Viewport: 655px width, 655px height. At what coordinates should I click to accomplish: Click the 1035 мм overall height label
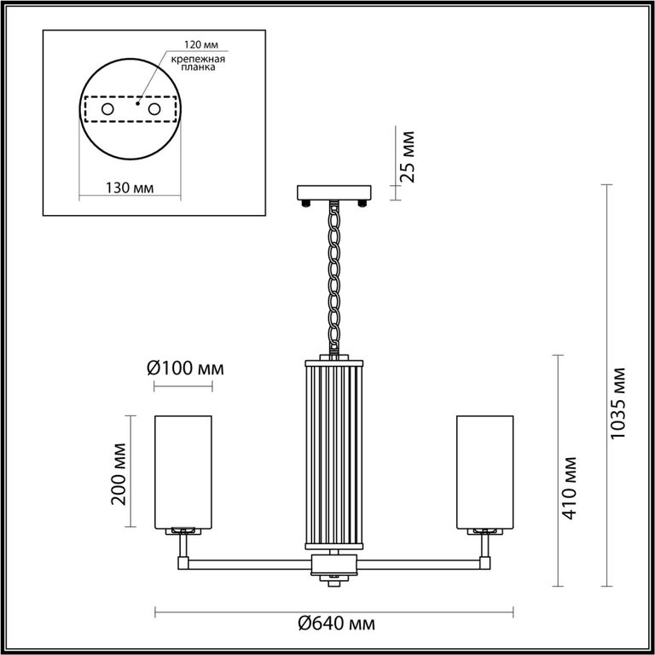coord(617,403)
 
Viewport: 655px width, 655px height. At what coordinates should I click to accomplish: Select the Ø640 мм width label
coord(336,623)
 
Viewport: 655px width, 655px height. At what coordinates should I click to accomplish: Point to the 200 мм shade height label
coord(119,473)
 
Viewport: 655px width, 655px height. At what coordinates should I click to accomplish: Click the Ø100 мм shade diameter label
coord(185,368)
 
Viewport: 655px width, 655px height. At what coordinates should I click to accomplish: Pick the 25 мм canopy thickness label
coord(407,157)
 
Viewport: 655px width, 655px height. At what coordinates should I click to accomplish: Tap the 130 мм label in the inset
coord(129,188)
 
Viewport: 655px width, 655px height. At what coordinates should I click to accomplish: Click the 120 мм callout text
coord(202,44)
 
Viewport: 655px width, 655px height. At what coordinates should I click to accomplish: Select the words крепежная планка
coord(198,62)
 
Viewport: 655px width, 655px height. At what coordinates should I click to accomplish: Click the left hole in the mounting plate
coord(107,109)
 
